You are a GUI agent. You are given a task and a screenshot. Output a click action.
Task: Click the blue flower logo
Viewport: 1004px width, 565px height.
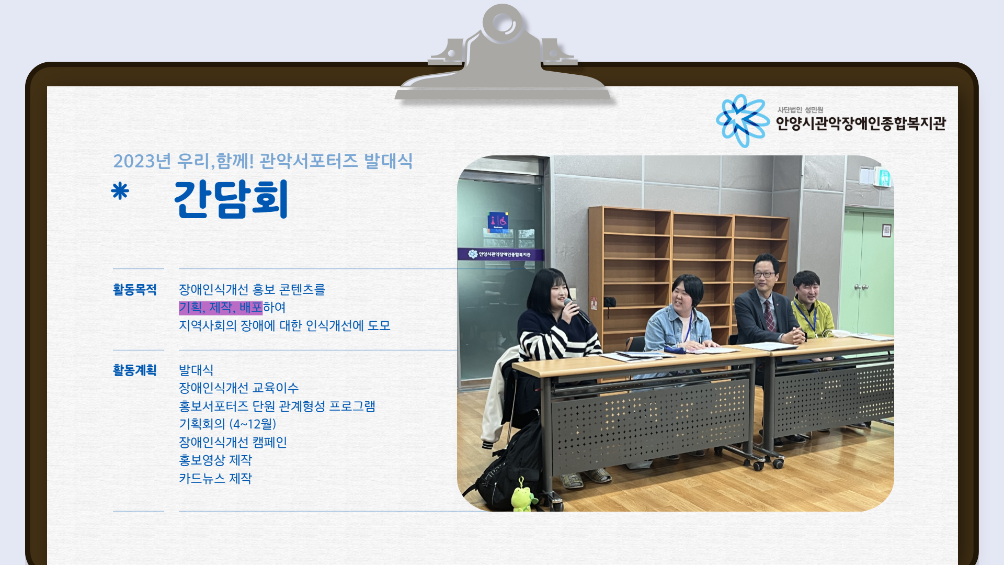(743, 120)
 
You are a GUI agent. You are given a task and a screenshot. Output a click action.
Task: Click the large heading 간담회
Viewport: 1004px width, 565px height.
(231, 199)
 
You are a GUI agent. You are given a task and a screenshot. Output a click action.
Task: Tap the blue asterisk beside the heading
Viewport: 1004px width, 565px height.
(120, 191)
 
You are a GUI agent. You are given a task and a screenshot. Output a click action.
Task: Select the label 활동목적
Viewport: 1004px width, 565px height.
(135, 289)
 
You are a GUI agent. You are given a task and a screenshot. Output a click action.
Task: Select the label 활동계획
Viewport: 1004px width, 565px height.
(135, 370)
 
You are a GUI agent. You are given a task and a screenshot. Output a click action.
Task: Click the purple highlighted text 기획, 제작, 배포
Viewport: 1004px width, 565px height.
(221, 308)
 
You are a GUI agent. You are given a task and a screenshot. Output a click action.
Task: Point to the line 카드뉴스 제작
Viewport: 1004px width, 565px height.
(215, 478)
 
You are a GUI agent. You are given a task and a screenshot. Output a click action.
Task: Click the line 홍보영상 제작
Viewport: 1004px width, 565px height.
(215, 460)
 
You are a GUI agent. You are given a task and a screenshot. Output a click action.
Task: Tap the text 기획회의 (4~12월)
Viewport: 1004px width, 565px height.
(227, 424)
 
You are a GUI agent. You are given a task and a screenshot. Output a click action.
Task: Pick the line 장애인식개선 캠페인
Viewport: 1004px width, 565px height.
(233, 442)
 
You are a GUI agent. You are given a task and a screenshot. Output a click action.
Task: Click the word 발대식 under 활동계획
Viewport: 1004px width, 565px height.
(196, 370)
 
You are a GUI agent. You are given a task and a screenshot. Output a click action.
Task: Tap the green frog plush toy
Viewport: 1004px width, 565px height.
(523, 496)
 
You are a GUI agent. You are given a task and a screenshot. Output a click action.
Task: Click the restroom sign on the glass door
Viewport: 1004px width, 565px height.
(498, 222)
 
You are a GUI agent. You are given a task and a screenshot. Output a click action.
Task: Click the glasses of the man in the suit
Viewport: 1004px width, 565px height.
(764, 274)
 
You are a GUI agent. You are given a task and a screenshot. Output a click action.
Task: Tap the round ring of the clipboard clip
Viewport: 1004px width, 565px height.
(503, 24)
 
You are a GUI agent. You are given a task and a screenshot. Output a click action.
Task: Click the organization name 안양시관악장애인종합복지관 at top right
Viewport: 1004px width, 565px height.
(861, 123)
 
